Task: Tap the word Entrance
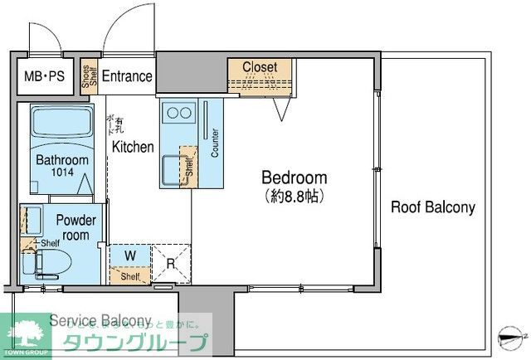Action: tap(127, 77)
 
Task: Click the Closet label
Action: tap(265, 67)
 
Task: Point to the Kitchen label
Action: tap(133, 147)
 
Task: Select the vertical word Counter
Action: tap(214, 144)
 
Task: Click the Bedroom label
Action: tap(294, 178)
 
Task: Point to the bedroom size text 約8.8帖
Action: tap(294, 197)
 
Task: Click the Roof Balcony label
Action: tap(433, 207)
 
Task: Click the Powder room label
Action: tap(76, 227)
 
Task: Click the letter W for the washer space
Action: tap(130, 255)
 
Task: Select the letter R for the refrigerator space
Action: tap(169, 265)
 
